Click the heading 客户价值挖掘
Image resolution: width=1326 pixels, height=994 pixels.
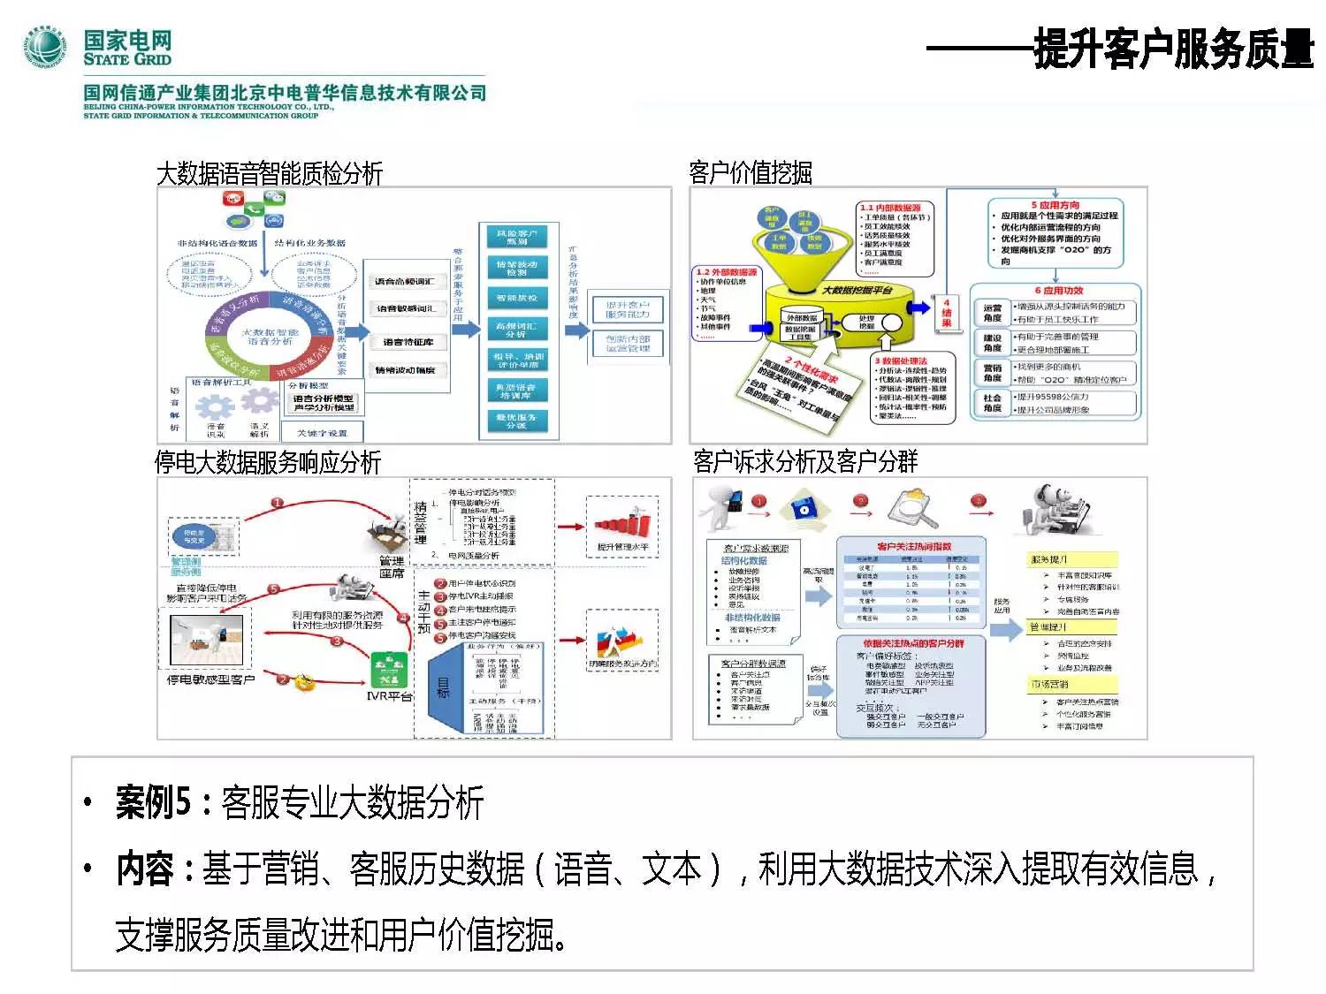(750, 172)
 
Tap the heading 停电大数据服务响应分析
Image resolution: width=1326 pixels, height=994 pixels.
(268, 462)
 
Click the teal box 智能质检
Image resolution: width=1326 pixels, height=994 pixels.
(517, 299)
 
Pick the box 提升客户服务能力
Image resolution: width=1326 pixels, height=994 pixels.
(627, 309)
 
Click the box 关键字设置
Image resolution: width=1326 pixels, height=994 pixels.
(322, 433)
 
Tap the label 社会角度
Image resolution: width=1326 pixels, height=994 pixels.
(992, 403)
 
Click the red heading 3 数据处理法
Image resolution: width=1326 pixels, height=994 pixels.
(901, 361)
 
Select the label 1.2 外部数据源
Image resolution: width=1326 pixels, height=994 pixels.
(727, 272)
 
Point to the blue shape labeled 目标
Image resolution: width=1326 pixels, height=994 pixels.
(444, 687)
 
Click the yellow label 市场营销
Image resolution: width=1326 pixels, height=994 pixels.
(1049, 684)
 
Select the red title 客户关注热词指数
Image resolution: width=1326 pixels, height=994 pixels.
(914, 547)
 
